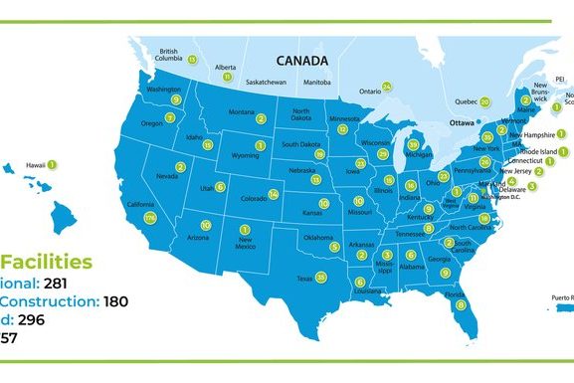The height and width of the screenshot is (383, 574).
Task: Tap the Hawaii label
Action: coord(35,165)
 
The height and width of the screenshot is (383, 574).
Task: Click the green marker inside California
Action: coord(150,217)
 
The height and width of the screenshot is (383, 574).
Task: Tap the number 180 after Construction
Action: coord(117,301)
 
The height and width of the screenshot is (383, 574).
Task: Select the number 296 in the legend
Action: coord(42,321)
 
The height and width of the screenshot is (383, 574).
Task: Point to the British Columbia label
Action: coord(168,55)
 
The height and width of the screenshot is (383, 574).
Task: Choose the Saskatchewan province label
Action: coord(266,82)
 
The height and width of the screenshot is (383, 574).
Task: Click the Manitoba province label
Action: coord(317,82)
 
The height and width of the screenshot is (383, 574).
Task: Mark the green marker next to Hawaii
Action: coord(53,164)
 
